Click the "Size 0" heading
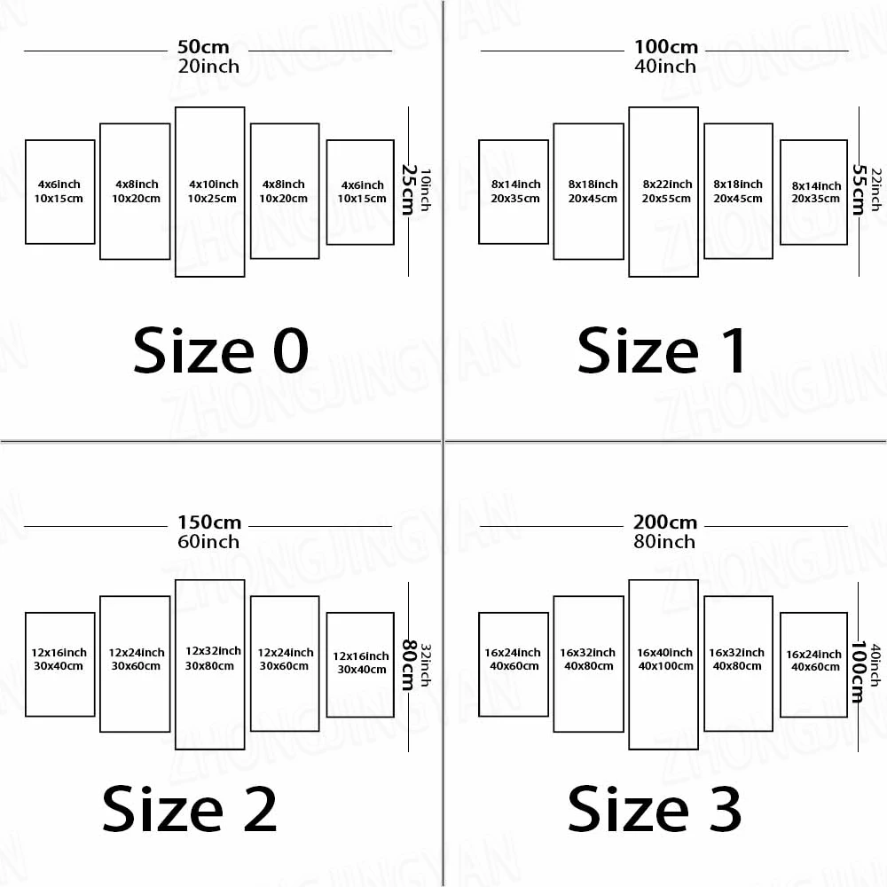pos(221,350)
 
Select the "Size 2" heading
pos(190,809)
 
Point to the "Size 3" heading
pos(655,809)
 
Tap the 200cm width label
pos(665,522)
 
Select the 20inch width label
pos(208,67)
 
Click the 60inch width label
pos(208,541)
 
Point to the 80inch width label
pos(665,541)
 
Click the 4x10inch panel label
pos(214,184)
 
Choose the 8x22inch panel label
pos(666,184)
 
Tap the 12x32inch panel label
pos(213,651)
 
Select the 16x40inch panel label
pos(665,653)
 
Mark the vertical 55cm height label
pos(859,189)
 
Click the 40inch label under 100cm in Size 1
pos(665,67)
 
